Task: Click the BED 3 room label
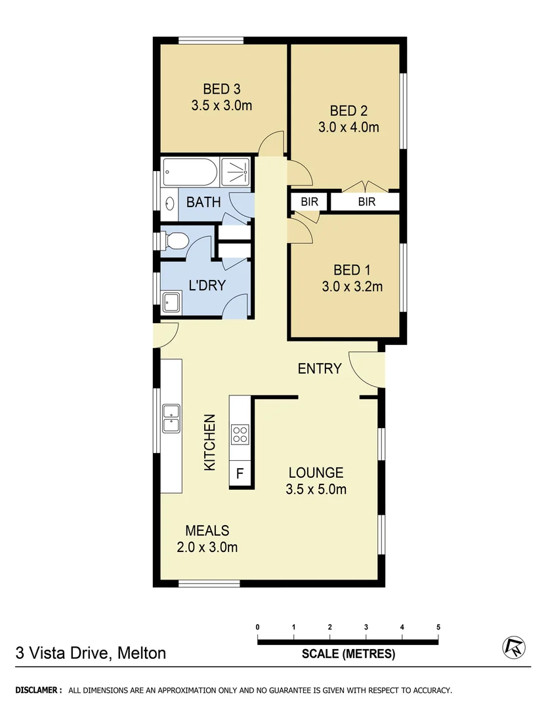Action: pyautogui.click(x=221, y=88)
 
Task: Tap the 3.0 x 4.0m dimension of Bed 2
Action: pyautogui.click(x=348, y=127)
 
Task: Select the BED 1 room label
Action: pyautogui.click(x=347, y=269)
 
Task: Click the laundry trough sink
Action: pyautogui.click(x=172, y=302)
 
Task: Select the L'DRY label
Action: pyautogui.click(x=207, y=285)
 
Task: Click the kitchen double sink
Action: pyautogui.click(x=171, y=419)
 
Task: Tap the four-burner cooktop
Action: pyautogui.click(x=240, y=433)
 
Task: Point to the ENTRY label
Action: pyautogui.click(x=320, y=368)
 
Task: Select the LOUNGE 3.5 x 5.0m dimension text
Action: pyautogui.click(x=316, y=489)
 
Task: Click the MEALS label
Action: pyautogui.click(x=207, y=530)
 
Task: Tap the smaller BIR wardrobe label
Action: pyautogui.click(x=309, y=202)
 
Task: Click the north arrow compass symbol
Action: pyautogui.click(x=514, y=648)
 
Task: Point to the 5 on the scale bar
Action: pyautogui.click(x=438, y=627)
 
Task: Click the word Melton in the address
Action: pyautogui.click(x=142, y=653)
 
